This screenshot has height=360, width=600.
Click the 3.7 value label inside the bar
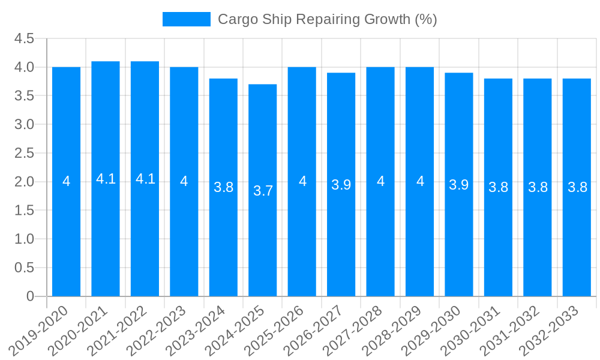click(x=263, y=191)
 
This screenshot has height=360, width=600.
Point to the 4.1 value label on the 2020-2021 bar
click(x=106, y=179)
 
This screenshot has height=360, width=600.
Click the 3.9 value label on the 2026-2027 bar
click(x=341, y=185)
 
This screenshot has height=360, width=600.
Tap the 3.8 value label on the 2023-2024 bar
click(x=223, y=187)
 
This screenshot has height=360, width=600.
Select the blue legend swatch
click(x=187, y=19)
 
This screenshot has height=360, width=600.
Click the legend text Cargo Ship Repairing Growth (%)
click(x=327, y=19)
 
